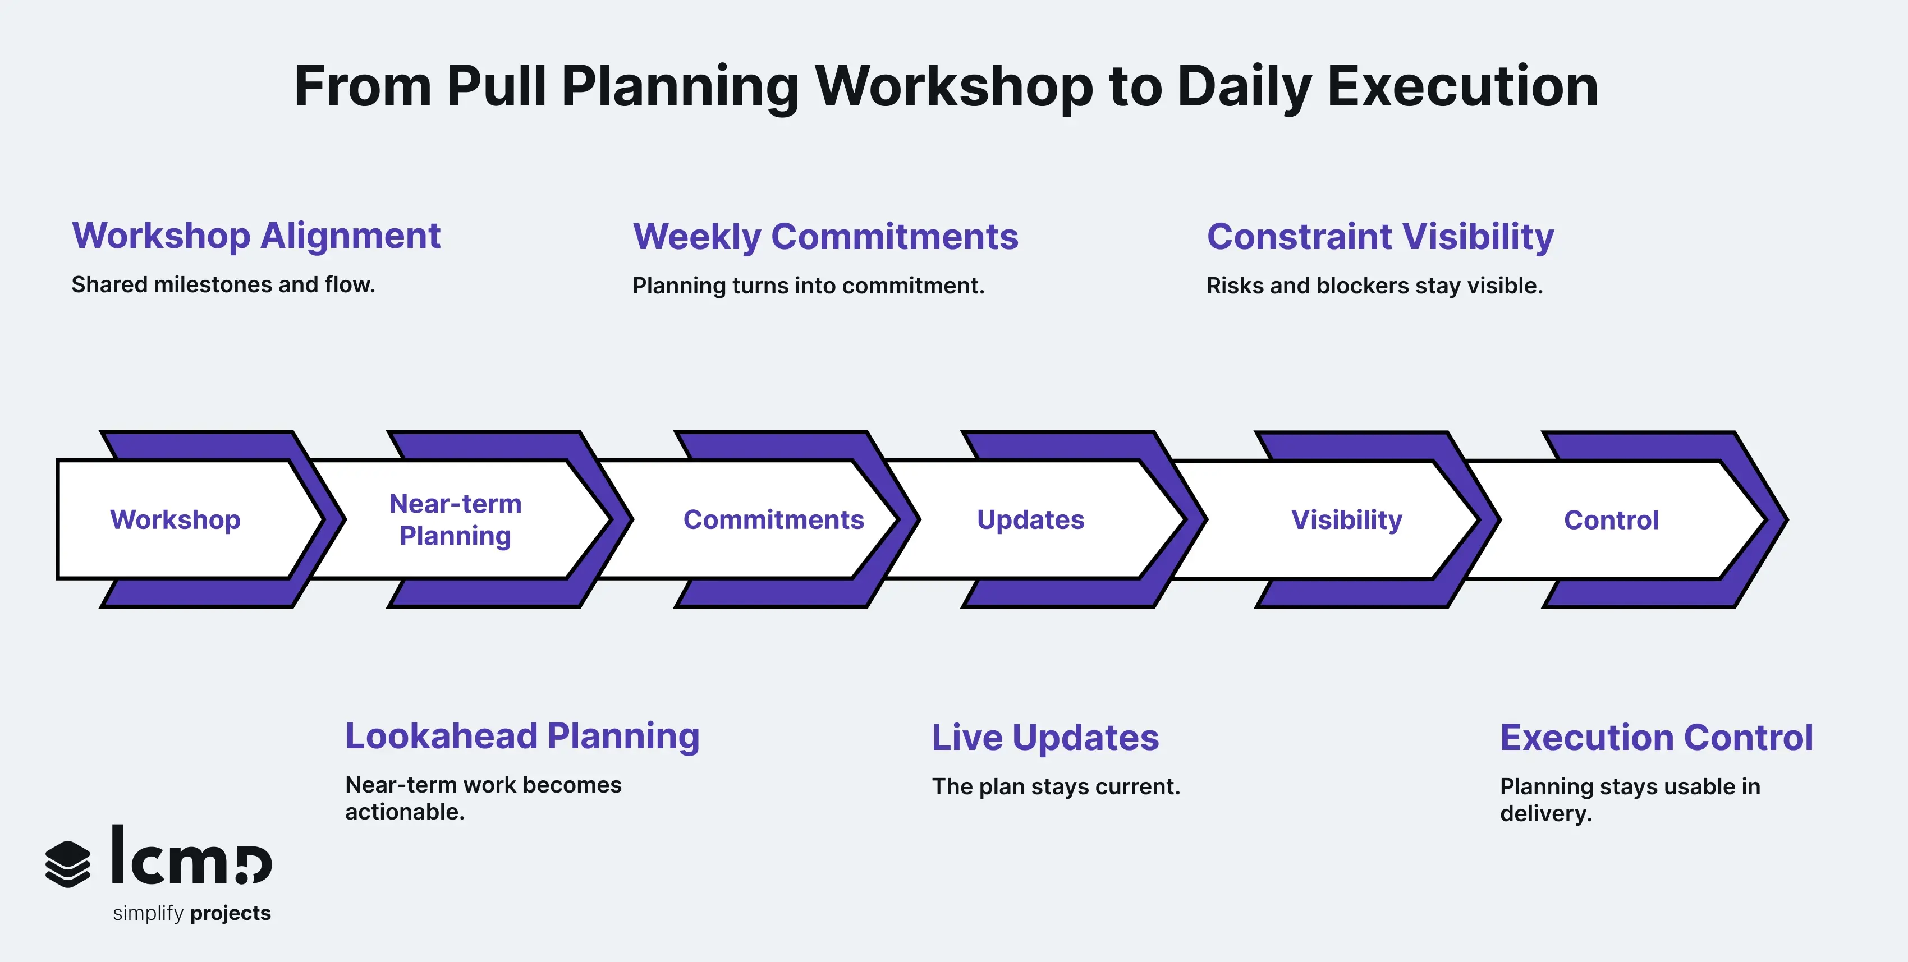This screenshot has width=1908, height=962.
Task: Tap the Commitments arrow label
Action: click(x=773, y=520)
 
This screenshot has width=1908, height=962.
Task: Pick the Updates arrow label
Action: click(x=1030, y=520)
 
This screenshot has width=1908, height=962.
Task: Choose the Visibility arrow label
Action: click(x=1347, y=520)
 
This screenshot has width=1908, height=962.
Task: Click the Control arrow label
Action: click(x=1611, y=520)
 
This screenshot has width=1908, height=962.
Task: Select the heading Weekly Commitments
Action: click(x=825, y=237)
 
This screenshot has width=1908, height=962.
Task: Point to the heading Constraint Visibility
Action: click(x=1380, y=237)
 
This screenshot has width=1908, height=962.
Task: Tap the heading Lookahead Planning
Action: click(x=522, y=736)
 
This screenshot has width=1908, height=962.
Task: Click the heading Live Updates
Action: click(x=1044, y=738)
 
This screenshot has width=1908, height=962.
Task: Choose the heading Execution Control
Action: click(x=1656, y=738)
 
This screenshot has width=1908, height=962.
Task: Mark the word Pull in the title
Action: click(x=496, y=86)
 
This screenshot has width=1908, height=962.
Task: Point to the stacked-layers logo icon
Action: click(x=68, y=863)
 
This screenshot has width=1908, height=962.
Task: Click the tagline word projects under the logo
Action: click(x=230, y=913)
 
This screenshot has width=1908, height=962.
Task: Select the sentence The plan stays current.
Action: click(x=1056, y=786)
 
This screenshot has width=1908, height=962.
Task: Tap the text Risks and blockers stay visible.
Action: click(x=1374, y=286)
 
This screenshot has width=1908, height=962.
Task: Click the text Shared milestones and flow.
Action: click(x=223, y=285)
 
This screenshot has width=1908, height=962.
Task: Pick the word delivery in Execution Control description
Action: click(x=1545, y=814)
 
